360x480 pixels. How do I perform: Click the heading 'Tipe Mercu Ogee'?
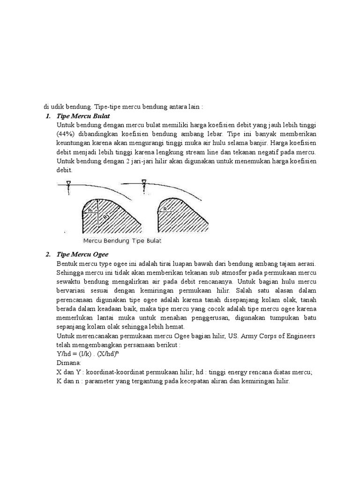click(x=82, y=255)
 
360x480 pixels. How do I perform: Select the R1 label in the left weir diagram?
click(x=90, y=211)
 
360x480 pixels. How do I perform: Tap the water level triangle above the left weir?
click(x=68, y=183)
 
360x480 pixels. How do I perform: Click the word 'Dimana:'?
click(x=68, y=363)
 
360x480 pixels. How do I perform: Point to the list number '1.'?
click(x=48, y=116)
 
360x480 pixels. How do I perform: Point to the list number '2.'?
click(x=48, y=255)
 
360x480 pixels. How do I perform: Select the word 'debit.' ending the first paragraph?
click(x=65, y=171)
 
